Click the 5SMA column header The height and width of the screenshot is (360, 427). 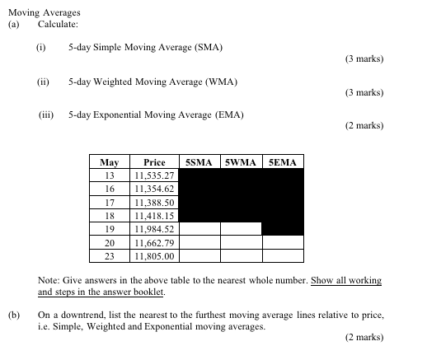click(199, 163)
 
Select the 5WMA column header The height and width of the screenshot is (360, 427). click(241, 163)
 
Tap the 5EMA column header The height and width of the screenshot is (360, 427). click(283, 163)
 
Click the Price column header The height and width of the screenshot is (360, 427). click(154, 163)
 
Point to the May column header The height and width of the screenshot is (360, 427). click(109, 163)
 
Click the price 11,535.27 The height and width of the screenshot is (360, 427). click(154, 176)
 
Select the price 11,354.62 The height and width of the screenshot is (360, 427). click(154, 189)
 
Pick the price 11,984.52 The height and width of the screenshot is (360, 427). click(154, 229)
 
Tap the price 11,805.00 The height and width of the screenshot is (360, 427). click(154, 256)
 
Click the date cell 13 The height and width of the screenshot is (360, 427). click(109, 176)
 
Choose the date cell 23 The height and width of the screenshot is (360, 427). click(109, 256)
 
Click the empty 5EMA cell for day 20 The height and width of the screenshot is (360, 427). click(283, 243)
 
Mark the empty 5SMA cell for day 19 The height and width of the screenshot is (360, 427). click(199, 229)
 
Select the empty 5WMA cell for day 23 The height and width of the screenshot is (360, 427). click(241, 256)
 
